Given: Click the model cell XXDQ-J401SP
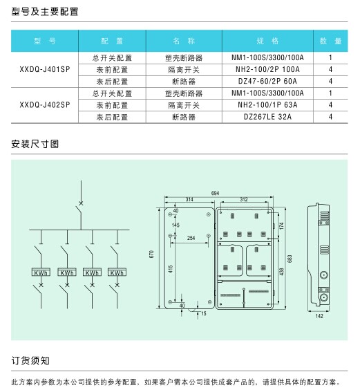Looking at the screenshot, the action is (x=45, y=69).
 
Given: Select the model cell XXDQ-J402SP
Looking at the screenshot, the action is (x=45, y=105).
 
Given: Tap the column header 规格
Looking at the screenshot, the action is (x=267, y=41).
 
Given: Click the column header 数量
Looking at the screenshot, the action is (x=330, y=41).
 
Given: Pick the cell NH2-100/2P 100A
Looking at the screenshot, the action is (x=267, y=69).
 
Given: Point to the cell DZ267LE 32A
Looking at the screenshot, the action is (x=267, y=117).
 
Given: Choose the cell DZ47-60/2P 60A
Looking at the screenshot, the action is (x=267, y=81).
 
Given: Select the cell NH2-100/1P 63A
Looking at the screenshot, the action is (x=267, y=105).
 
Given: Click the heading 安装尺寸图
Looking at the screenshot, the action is (x=35, y=144).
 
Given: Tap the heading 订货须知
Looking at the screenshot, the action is (x=30, y=361).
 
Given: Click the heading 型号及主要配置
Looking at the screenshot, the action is (x=45, y=12).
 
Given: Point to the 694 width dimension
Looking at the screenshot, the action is (x=216, y=193).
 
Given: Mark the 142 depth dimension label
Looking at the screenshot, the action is (x=319, y=316).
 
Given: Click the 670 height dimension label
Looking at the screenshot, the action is (x=151, y=254).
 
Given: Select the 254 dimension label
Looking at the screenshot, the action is (x=191, y=238).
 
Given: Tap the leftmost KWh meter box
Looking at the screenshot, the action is (x=41, y=272).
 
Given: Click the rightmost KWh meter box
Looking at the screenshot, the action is (x=117, y=272).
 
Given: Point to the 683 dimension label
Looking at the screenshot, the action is (x=290, y=259).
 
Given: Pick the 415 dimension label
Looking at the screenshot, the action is (x=171, y=269).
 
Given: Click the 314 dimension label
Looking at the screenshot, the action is (x=189, y=199).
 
